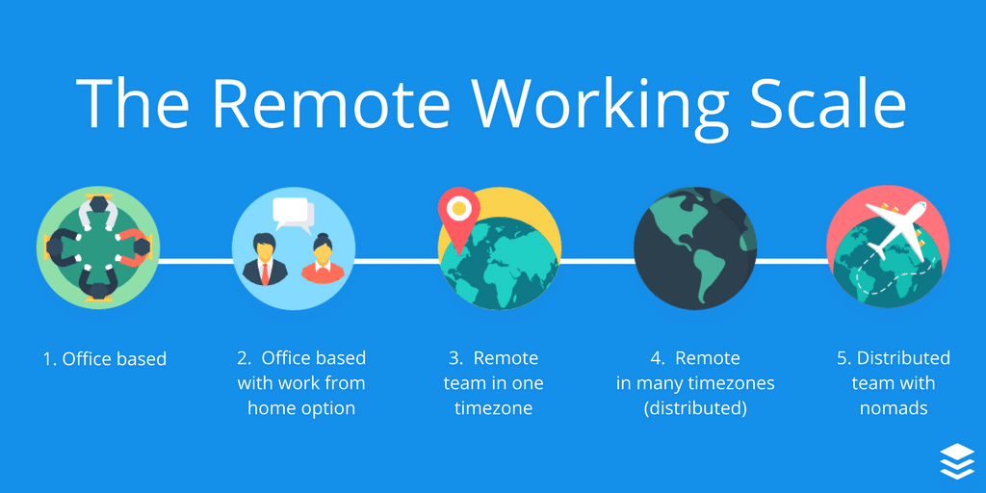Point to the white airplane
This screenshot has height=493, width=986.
coord(894,230)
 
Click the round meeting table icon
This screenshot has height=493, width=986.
coord(95,248)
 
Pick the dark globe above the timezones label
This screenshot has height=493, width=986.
coord(694,247)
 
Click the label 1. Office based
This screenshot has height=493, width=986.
coord(105,359)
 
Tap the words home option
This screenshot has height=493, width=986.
coord(301,408)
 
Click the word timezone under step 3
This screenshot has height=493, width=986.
coord(493,408)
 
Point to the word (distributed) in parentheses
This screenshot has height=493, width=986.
coord(695,408)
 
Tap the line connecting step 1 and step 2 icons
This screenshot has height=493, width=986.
coord(195,260)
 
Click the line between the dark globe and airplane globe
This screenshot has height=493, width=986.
coord(791,260)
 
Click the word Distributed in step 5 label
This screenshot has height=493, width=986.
coord(903,358)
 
